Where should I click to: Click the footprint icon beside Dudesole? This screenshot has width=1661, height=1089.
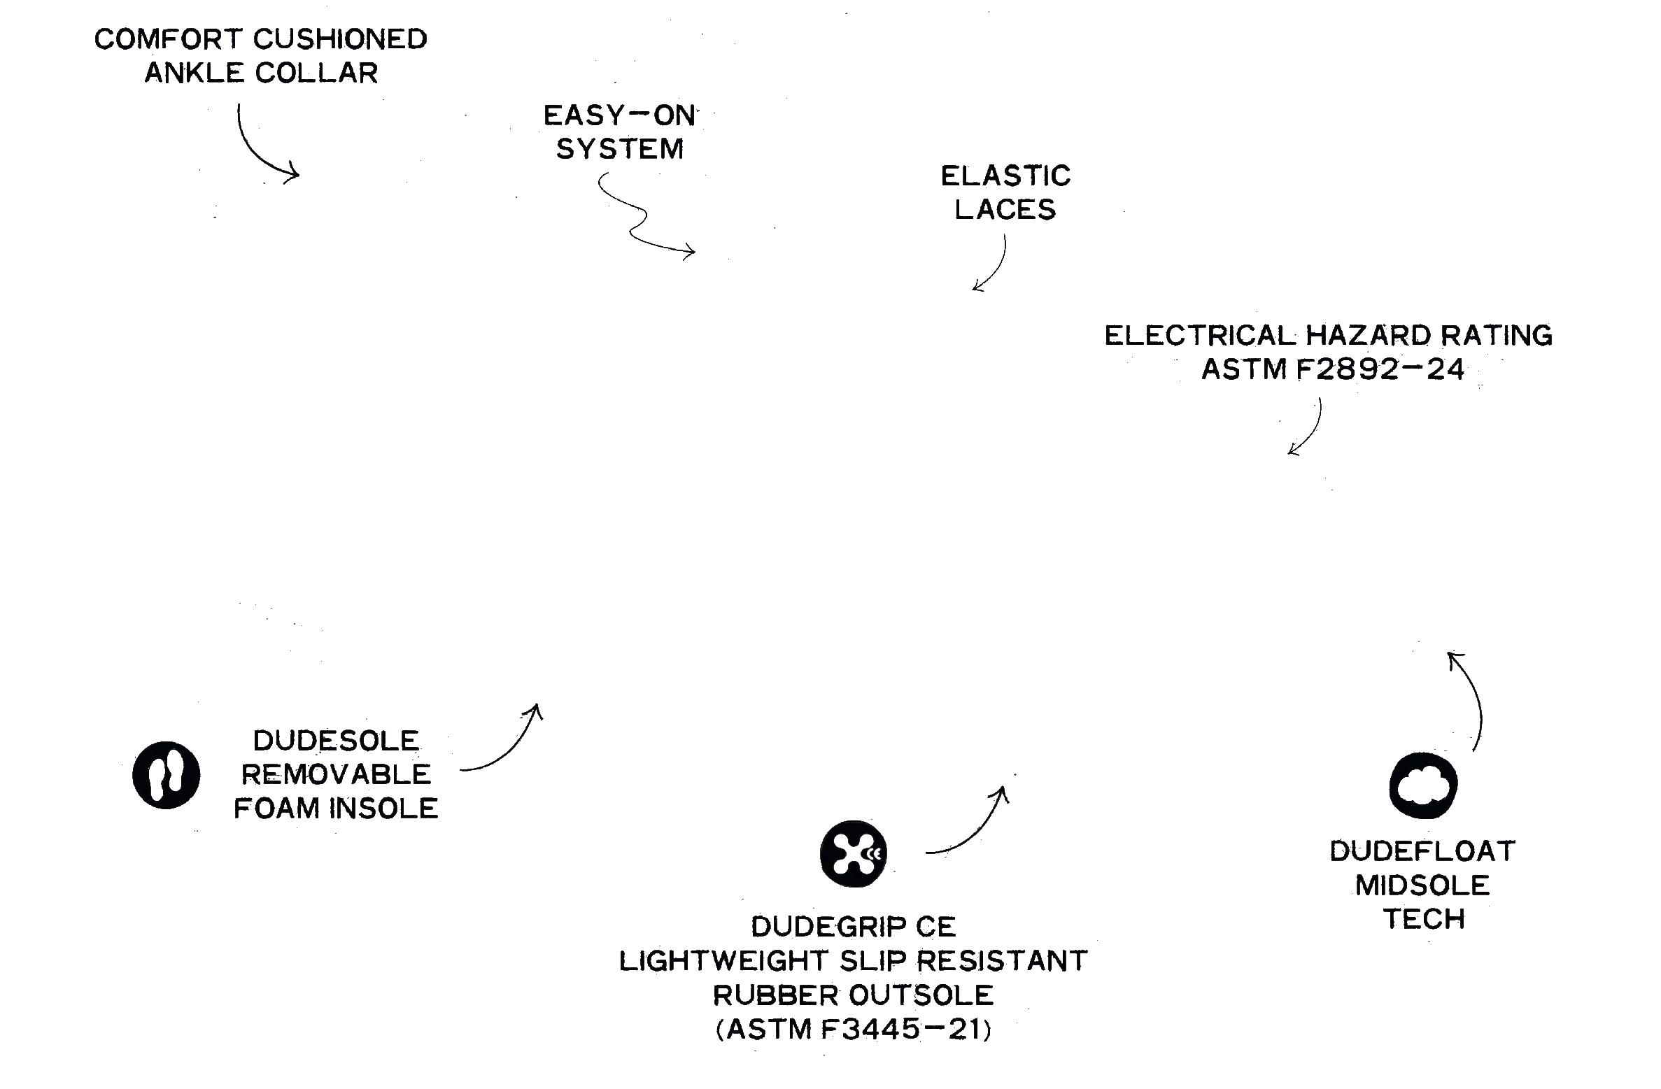click(x=167, y=775)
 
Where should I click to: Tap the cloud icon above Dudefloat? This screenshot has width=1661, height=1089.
click(x=1423, y=785)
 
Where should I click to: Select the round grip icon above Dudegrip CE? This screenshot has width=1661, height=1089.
click(x=853, y=853)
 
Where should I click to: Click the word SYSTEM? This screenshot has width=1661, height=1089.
click(x=620, y=149)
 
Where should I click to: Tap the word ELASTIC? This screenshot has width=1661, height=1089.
click(x=1005, y=176)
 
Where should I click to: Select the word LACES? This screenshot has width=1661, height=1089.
click(x=1005, y=210)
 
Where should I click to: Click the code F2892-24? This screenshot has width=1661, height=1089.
click(x=1380, y=369)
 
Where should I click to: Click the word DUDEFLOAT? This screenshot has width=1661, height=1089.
click(x=1422, y=851)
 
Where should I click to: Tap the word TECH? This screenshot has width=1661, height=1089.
click(x=1424, y=918)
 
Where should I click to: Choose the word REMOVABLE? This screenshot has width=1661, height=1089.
click(x=336, y=774)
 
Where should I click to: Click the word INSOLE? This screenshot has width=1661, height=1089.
click(x=384, y=809)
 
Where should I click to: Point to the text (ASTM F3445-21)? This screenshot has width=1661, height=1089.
click(x=854, y=1029)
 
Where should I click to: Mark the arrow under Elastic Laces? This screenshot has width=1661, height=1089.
click(x=994, y=266)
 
